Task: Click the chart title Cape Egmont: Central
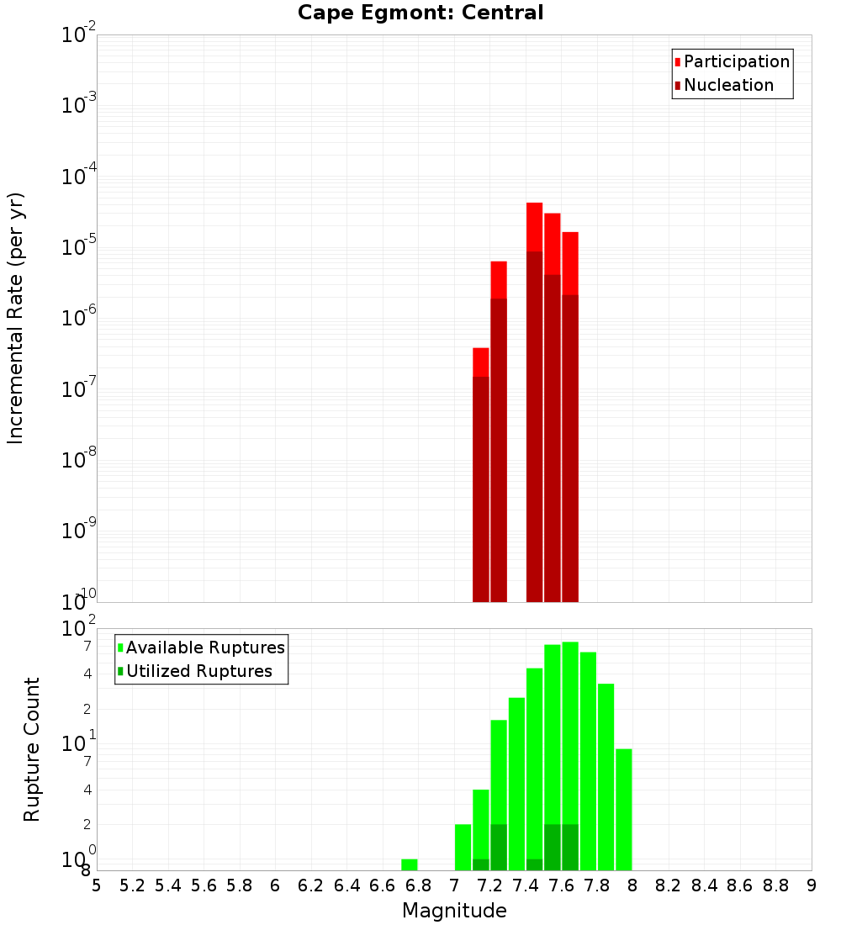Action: point(420,13)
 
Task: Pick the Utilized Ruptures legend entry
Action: point(198,671)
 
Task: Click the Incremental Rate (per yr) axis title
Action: point(16,318)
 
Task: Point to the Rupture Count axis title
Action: point(32,749)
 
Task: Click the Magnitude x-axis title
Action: point(454,911)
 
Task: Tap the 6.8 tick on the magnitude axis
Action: point(418,885)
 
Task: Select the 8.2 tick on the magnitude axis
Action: point(669,885)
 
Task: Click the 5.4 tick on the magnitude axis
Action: point(168,885)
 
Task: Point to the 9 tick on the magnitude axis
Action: point(812,885)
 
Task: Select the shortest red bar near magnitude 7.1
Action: point(481,471)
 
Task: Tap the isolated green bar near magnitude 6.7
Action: point(410,864)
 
